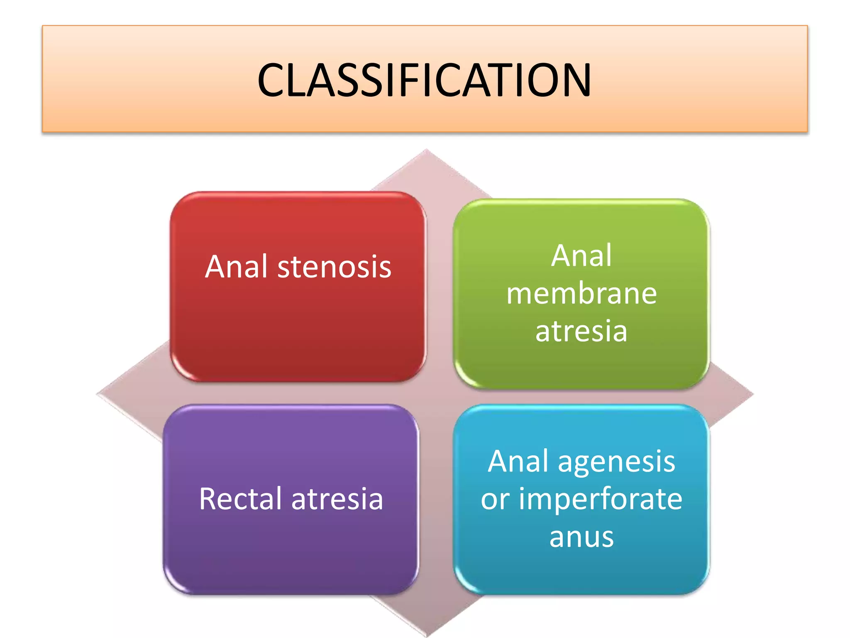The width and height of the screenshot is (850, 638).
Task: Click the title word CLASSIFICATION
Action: click(424, 80)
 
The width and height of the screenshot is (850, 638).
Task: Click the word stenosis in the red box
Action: click(334, 267)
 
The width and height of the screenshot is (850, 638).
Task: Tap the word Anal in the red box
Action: click(236, 267)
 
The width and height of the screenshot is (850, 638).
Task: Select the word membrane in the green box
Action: click(581, 294)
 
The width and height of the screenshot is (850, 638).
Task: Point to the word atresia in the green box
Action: click(581, 331)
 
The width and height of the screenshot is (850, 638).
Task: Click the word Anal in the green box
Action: click(581, 255)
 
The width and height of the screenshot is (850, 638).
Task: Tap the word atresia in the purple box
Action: click(337, 498)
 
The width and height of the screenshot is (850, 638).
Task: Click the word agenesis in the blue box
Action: click(616, 462)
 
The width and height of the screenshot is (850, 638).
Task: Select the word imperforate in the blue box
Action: click(601, 499)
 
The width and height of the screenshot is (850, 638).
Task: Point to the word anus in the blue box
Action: click(581, 537)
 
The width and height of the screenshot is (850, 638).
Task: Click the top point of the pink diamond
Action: click(426, 150)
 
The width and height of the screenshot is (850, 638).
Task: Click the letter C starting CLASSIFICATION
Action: click(271, 80)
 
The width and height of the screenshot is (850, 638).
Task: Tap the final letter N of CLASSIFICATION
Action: click(576, 80)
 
